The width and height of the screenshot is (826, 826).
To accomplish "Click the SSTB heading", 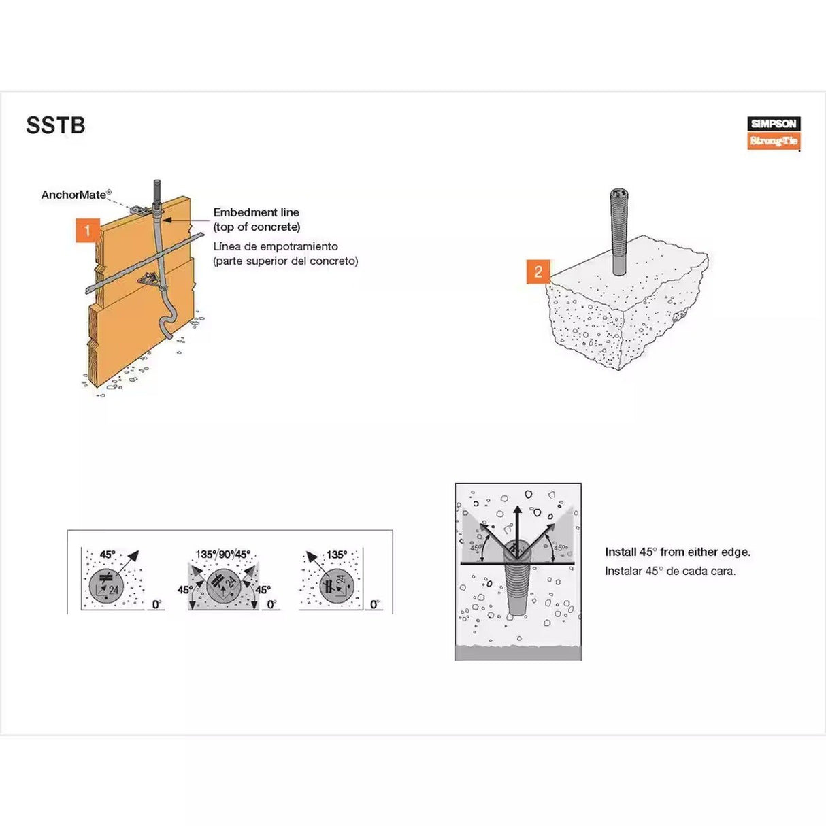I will coord(55,126).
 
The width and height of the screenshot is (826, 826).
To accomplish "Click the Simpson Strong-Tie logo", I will coord(774,133).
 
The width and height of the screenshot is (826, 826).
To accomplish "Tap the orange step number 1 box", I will coord(87,231).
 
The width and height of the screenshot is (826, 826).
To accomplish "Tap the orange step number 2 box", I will coord(538,271).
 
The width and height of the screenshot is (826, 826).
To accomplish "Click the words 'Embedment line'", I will coord(256,212).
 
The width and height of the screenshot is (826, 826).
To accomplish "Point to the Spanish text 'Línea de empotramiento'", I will coord(275,246).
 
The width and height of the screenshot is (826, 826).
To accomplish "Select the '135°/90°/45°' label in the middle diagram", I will coord(222,555).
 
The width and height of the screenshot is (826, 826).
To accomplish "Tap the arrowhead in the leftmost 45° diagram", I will coord(133,555).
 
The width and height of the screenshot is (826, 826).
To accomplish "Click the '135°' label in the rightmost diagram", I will coord(336,555).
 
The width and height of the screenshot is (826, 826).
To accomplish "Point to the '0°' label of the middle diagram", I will coord(271,604).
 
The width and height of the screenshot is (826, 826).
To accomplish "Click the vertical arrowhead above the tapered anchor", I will coord(517,511).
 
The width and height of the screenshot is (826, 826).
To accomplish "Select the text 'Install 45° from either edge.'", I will coord(677,552).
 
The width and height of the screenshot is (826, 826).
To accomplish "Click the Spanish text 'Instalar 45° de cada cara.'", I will coord(670,571).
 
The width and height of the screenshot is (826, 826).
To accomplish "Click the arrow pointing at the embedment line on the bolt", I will coord(167,220).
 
